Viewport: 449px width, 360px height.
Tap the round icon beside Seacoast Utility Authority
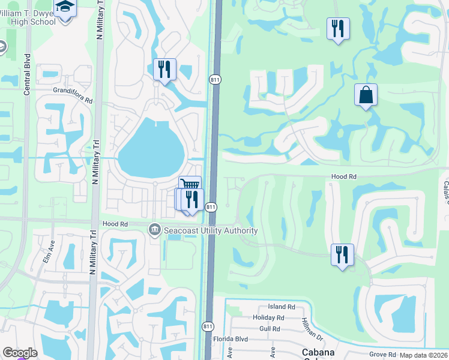(155, 230)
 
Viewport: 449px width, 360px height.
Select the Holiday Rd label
(268, 317)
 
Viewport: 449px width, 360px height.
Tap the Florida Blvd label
(231, 340)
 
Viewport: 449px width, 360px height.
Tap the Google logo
(20, 353)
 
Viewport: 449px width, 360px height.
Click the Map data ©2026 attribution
(423, 355)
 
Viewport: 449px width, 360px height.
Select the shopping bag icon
(366, 95)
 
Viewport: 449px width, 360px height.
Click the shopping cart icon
(190, 185)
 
